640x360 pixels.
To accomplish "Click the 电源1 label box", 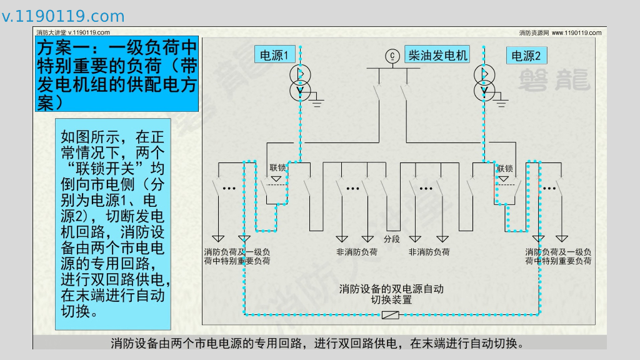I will click(274, 55).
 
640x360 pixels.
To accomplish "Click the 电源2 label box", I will click(526, 56).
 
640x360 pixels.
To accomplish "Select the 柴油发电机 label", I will click(437, 55).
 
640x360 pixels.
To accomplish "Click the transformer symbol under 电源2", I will click(484, 82).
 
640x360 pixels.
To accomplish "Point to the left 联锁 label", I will click(277, 167).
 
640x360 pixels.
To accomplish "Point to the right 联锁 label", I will click(505, 168).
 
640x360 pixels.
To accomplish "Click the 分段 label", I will click(392, 239).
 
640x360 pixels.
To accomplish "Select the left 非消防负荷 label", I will click(357, 252).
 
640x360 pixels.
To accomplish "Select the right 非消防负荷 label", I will click(429, 252).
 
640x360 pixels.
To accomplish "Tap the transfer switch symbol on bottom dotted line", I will click(391, 314).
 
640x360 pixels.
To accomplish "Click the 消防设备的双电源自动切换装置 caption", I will click(391, 294).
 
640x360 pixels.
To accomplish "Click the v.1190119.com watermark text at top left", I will click(63, 16).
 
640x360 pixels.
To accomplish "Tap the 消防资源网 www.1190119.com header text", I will click(560, 32).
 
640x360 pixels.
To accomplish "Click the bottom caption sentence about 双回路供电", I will click(316, 343).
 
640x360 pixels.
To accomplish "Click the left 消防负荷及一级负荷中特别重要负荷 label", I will click(237, 256).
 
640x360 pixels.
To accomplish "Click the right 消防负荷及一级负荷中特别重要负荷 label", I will click(558, 256).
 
